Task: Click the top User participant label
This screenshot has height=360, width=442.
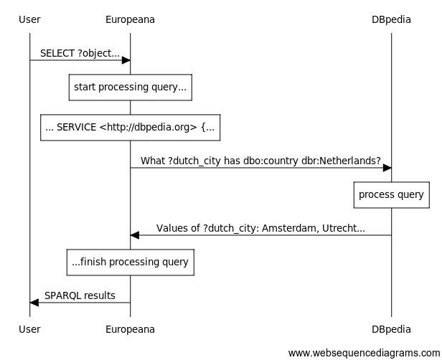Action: [x=29, y=19]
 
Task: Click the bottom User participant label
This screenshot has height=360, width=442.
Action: [x=29, y=329]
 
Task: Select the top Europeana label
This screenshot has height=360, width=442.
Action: [x=130, y=19]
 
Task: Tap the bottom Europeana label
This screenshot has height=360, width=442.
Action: [x=130, y=329]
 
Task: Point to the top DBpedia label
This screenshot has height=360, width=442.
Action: [x=391, y=19]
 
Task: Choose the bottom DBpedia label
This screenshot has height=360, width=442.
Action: [x=391, y=329]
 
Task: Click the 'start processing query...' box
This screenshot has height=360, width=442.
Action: [x=130, y=87]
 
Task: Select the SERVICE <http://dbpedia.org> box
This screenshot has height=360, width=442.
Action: [x=130, y=127]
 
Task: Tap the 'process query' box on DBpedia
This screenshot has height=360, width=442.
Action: [x=391, y=194]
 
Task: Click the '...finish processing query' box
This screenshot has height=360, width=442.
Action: [x=130, y=262]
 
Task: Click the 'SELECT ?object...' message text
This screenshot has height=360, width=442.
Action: [x=80, y=53]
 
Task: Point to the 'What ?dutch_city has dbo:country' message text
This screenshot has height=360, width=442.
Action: [x=260, y=161]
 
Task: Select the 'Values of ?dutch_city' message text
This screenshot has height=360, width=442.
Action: [x=260, y=228]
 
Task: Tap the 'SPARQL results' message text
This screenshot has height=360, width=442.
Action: [x=80, y=295]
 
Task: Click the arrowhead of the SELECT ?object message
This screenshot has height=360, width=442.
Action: [x=126, y=60]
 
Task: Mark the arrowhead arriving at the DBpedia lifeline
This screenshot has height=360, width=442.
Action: [x=387, y=168]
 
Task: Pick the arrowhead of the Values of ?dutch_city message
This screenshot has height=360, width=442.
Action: [x=135, y=235]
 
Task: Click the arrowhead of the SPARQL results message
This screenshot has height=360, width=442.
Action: [x=34, y=303]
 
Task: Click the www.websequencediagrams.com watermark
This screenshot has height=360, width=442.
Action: [x=363, y=353]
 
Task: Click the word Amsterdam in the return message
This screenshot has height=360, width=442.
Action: [x=287, y=228]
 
